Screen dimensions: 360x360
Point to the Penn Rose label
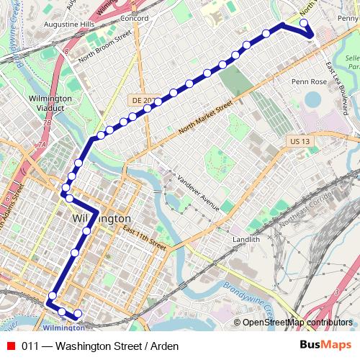click(x=309, y=82)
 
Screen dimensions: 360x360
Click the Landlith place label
click(x=246, y=239)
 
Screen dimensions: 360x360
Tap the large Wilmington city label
click(x=102, y=218)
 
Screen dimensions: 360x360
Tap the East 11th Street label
click(x=144, y=238)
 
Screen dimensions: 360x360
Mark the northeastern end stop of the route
click(x=303, y=23)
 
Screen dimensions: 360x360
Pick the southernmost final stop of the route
click(x=77, y=314)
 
